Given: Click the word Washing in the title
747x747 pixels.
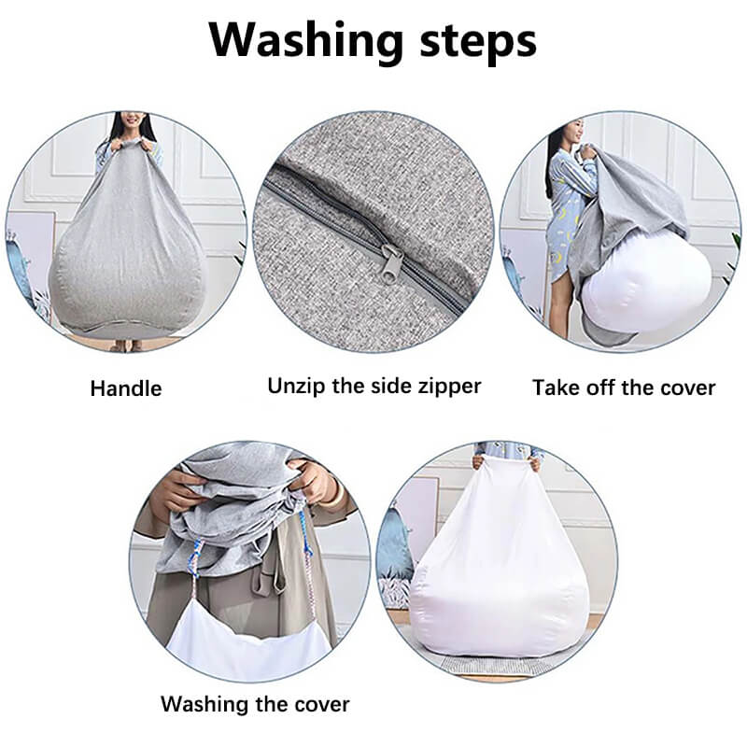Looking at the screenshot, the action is (305, 41).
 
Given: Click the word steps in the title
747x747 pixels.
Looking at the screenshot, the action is (478, 41).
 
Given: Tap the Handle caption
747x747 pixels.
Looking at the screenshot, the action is (126, 388).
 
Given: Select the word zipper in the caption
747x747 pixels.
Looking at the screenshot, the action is (450, 387).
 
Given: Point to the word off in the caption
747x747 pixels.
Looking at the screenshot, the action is (600, 388).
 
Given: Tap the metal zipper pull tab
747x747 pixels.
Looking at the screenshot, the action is (392, 261).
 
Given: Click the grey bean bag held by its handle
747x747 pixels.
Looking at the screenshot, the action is (126, 238).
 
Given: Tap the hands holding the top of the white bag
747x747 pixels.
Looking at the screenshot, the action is (506, 462).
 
